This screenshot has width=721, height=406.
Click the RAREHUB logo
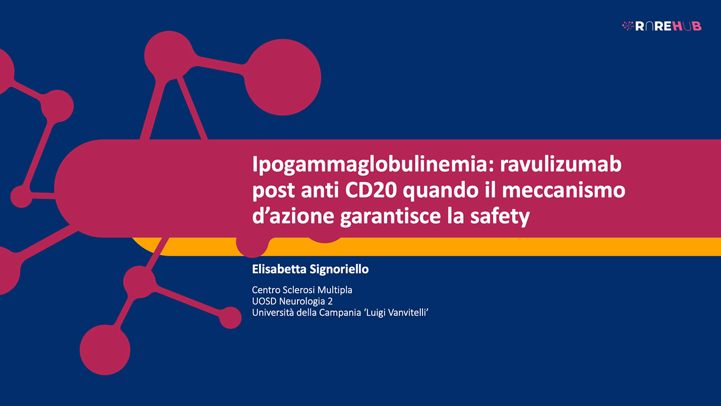[661, 26]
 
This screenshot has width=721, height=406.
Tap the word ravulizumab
[560, 164]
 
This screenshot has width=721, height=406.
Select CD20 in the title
[371, 190]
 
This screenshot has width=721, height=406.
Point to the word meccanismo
[564, 190]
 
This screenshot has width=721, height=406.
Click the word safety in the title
[500, 217]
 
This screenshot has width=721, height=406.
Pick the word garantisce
[390, 217]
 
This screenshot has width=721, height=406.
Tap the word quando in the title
[440, 191]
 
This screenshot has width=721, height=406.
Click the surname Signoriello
[339, 270]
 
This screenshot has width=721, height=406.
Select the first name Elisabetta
[279, 269]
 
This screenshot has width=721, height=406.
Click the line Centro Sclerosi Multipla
[302, 290]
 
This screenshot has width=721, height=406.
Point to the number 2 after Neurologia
[330, 301]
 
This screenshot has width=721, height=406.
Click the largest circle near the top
[283, 77]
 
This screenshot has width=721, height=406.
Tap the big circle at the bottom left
[105, 350]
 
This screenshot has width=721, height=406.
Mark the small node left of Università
[230, 317]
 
